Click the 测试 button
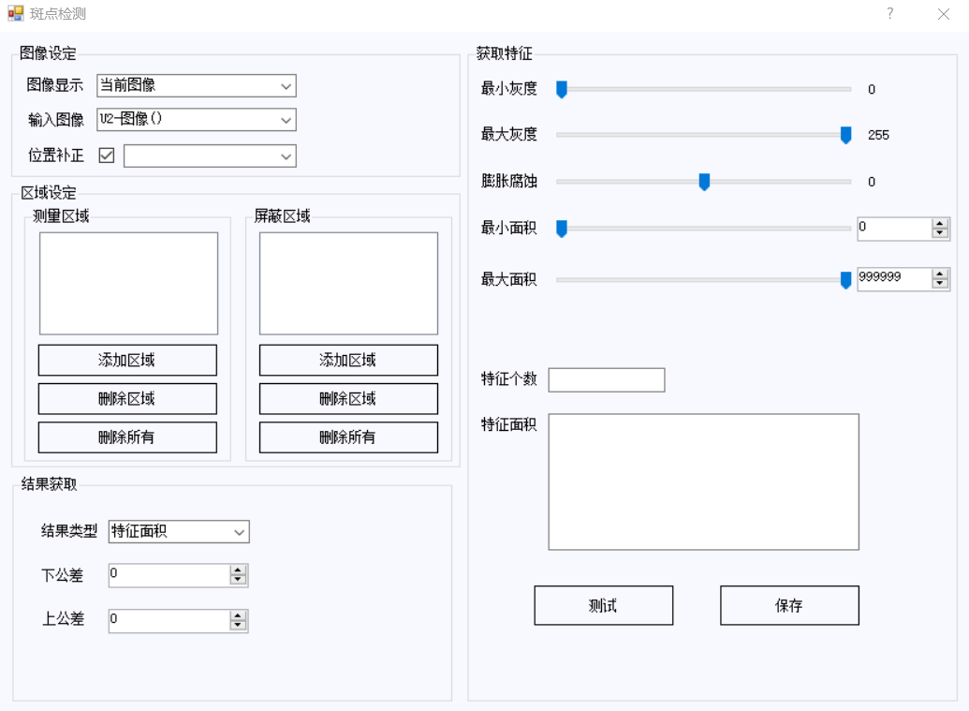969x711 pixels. [x=603, y=605]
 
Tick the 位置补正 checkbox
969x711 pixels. [x=107, y=156]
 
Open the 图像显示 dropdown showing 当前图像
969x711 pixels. [x=197, y=86]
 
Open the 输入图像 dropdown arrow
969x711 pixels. [x=286, y=120]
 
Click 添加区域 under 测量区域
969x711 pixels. [x=127, y=360]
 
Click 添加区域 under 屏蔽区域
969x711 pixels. [x=348, y=360]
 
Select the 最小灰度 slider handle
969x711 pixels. [x=562, y=90]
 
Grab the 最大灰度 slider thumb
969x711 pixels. [x=846, y=135]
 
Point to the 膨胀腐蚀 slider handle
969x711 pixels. [x=704, y=182]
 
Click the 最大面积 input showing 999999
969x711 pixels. [x=893, y=278]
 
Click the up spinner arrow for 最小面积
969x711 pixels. [x=940, y=224]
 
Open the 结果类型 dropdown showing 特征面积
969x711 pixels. [x=179, y=532]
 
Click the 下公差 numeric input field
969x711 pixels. [x=169, y=575]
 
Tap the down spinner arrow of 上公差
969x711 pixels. [x=238, y=625]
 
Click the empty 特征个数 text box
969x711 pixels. [x=607, y=380]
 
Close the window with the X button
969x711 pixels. [x=943, y=14]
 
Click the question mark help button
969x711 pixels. [x=890, y=14]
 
